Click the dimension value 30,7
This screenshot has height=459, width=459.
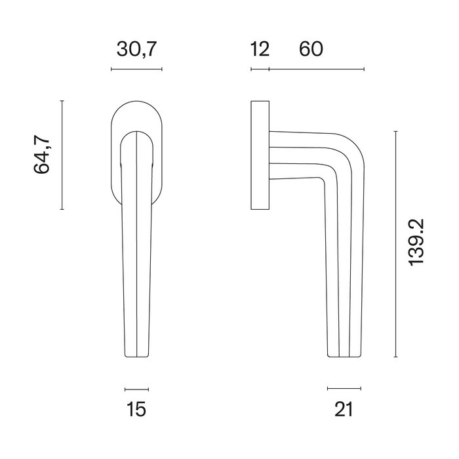point(136,49)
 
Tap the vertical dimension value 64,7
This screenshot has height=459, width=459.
point(43,155)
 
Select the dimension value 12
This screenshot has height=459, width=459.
point(260,49)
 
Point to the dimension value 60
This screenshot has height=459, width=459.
point(311,49)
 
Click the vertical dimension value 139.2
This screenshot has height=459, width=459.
point(418,243)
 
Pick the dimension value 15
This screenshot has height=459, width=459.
point(136,410)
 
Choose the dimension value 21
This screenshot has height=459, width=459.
point(344,410)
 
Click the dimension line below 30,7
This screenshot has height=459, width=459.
point(136,69)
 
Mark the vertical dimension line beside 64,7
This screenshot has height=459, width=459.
point(62,155)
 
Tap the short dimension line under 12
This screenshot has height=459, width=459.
point(260,69)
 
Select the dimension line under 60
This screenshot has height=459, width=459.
point(316,69)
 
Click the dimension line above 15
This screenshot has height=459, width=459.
point(136,388)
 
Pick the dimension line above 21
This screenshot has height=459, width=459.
point(344,388)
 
